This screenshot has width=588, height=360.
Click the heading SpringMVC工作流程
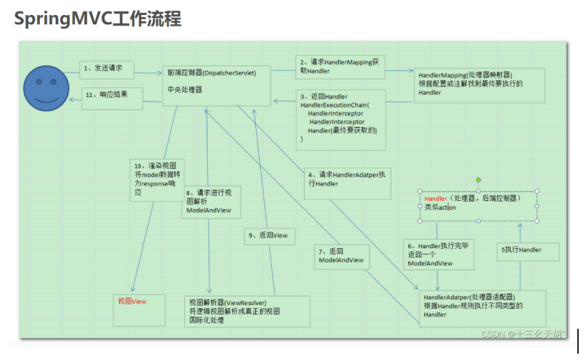pyautogui.click(x=98, y=19)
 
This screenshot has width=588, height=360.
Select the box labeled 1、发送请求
pyautogui.click(x=102, y=69)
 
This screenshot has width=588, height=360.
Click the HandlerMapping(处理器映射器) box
pyautogui.click(x=479, y=84)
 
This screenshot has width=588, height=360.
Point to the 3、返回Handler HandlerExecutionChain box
pyautogui.click(x=340, y=119)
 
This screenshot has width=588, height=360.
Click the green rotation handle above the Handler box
pyautogui.click(x=479, y=180)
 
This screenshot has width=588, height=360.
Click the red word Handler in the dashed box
pyautogui.click(x=436, y=198)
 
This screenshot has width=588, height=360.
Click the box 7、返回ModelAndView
pyautogui.click(x=341, y=256)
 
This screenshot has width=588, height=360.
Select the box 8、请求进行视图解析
pyautogui.click(x=212, y=202)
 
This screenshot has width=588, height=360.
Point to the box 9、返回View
pyautogui.click(x=270, y=236)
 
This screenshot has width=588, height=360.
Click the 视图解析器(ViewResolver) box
pyautogui.click(x=247, y=311)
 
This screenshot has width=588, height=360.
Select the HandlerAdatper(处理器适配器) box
pyautogui.click(x=482, y=306)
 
